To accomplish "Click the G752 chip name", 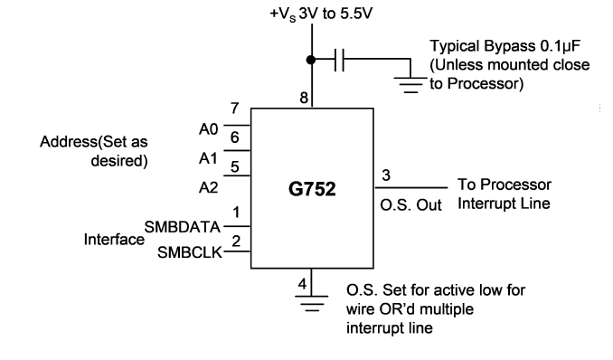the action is click(312, 189).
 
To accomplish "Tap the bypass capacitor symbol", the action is click(339, 60).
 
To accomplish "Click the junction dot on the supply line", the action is click(311, 60).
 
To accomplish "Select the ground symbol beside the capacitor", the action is click(410, 85).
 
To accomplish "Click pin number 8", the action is click(304, 98).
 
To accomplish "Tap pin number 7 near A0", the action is click(234, 108).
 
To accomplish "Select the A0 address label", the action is click(208, 129).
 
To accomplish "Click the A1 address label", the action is click(208, 158).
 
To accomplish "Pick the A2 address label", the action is click(208, 188).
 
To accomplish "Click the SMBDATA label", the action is click(182, 227).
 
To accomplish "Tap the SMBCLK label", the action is click(190, 252).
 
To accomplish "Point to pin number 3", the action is click(386, 175).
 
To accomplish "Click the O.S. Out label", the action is click(410, 205).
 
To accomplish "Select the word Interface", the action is click(114, 240).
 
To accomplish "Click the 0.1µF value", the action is click(561, 46).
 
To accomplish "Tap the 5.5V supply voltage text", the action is click(356, 14).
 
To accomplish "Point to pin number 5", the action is click(234, 167).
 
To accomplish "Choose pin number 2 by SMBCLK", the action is click(236, 241).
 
